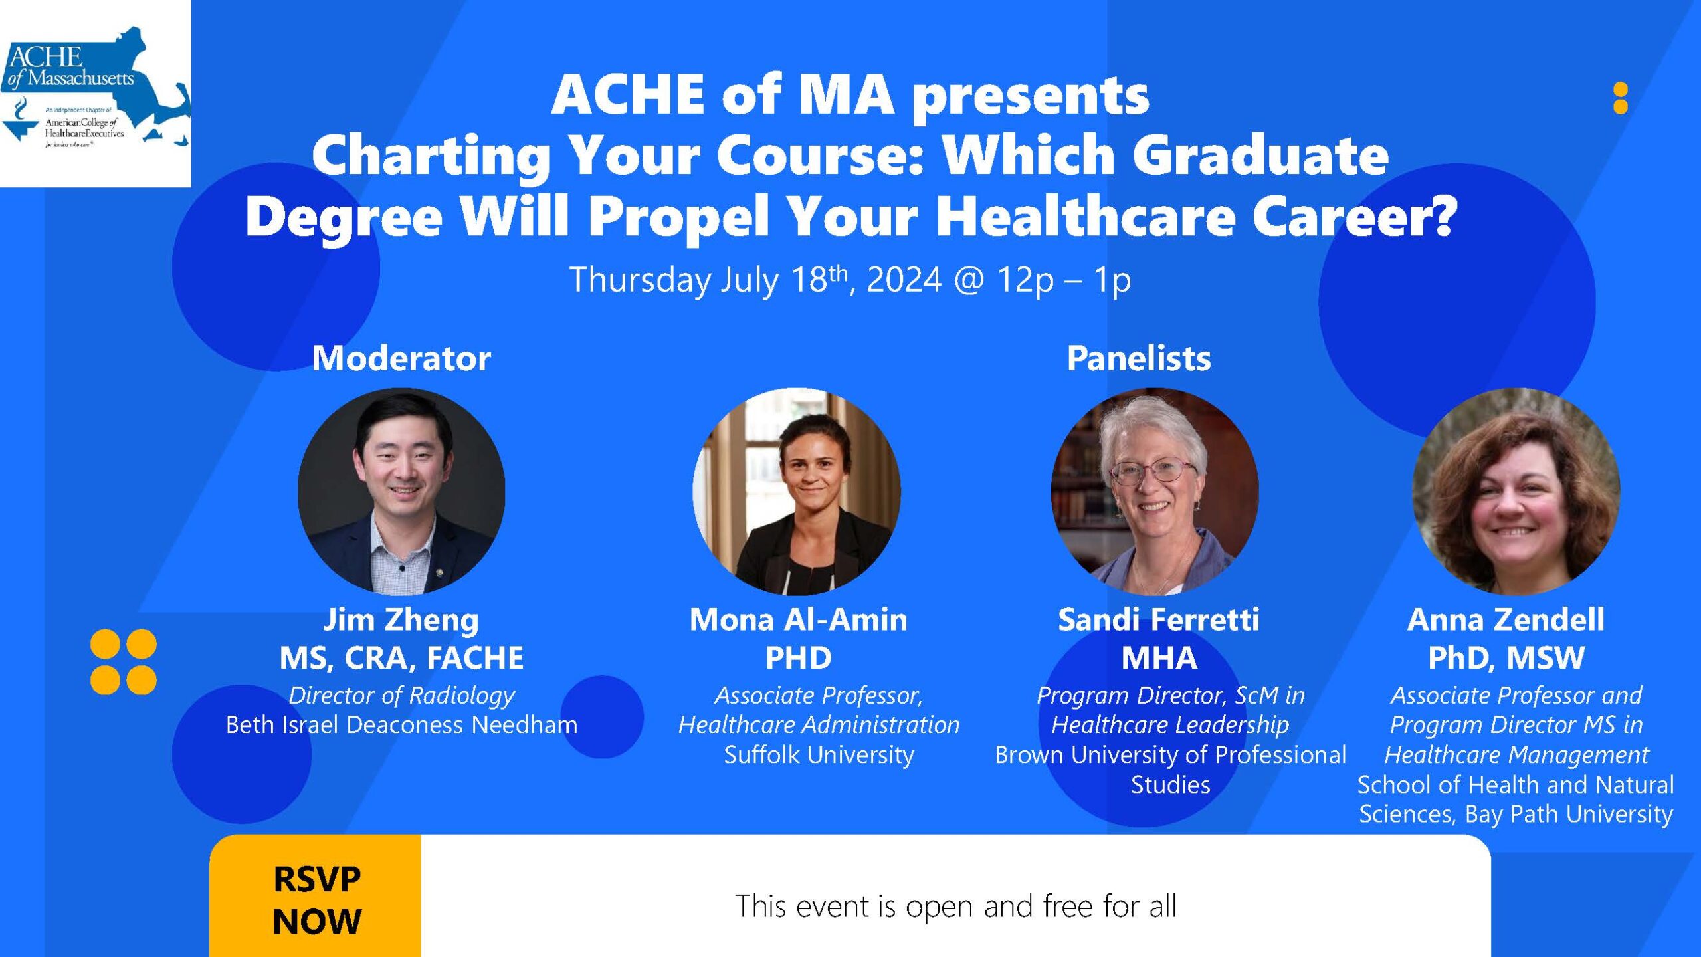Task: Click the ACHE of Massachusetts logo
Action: click(x=96, y=93)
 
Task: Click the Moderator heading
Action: click(x=401, y=358)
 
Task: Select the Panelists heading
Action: click(x=1139, y=358)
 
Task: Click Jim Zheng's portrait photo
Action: click(x=401, y=491)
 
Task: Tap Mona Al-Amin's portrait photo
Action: click(x=797, y=491)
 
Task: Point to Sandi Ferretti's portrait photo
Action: click(x=1155, y=491)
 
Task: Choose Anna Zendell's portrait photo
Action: click(x=1516, y=491)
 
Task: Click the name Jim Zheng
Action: click(x=401, y=620)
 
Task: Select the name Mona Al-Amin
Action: click(x=798, y=620)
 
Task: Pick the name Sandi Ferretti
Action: click(x=1158, y=620)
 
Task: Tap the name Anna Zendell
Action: click(x=1506, y=620)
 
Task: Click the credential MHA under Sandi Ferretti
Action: click(x=1159, y=658)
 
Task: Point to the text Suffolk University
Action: click(x=819, y=755)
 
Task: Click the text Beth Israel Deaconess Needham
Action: click(x=401, y=724)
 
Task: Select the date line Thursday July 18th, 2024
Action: click(x=755, y=280)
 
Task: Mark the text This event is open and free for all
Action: click(x=955, y=906)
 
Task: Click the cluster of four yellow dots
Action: click(x=124, y=662)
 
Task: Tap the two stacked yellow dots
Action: click(x=1621, y=98)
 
